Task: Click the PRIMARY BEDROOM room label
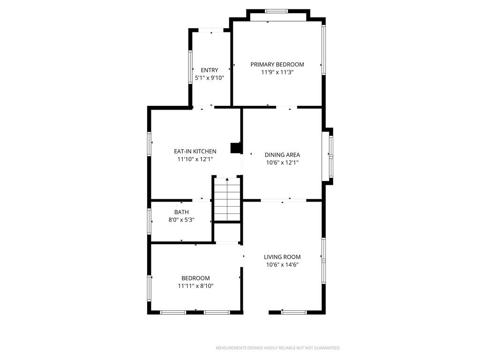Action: click(277, 65)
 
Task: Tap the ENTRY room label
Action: click(210, 70)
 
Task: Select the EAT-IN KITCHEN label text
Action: click(195, 151)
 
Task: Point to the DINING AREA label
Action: click(282, 155)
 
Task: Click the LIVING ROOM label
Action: click(282, 257)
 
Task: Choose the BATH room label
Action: click(181, 212)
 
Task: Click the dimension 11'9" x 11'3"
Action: click(277, 72)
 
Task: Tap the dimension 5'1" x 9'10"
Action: click(210, 78)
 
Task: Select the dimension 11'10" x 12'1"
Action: click(195, 159)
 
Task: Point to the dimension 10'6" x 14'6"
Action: click(282, 265)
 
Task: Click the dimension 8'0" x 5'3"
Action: click(181, 220)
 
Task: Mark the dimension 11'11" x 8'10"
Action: click(195, 286)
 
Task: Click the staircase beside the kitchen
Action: click(227, 199)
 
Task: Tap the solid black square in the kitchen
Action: click(235, 148)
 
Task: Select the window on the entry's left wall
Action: click(190, 67)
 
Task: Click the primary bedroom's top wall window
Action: click(277, 11)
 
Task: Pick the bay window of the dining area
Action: click(331, 156)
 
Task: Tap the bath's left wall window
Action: click(149, 221)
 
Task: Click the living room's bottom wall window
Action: click(293, 312)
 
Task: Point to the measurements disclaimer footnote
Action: click(278, 348)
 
